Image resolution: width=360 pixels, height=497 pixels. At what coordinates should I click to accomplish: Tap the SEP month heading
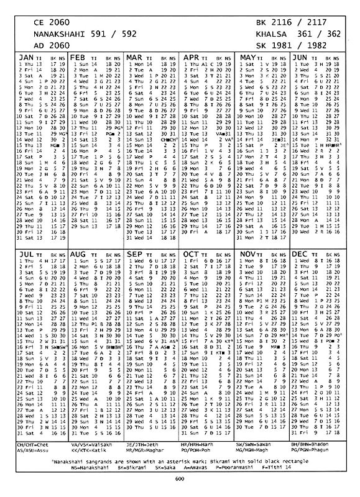(134, 254)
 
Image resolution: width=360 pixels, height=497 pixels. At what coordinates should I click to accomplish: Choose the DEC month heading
(301, 254)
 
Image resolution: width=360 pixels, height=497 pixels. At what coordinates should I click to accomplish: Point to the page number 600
(180, 486)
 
